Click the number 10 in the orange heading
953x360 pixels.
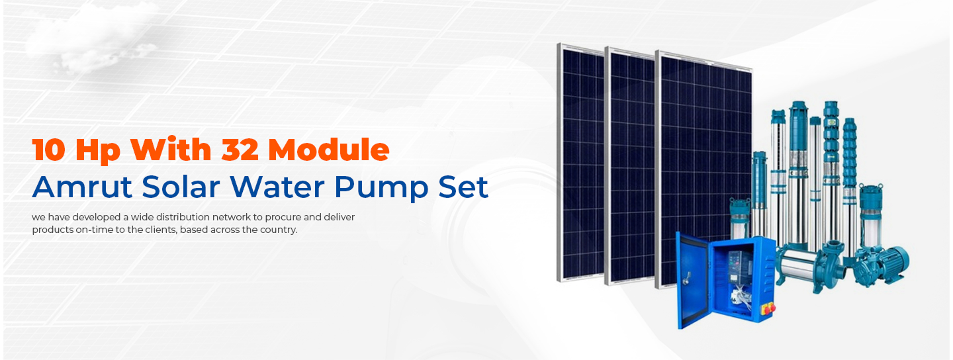(x=48, y=150)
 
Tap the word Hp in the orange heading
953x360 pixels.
(x=98, y=152)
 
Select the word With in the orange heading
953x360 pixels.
(x=171, y=149)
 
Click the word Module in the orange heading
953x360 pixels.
(x=328, y=149)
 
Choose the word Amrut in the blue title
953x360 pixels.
(x=82, y=187)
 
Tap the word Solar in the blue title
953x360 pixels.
(x=181, y=187)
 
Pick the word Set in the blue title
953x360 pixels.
(x=463, y=187)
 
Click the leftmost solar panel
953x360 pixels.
(x=581, y=163)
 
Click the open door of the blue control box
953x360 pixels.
(x=693, y=281)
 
